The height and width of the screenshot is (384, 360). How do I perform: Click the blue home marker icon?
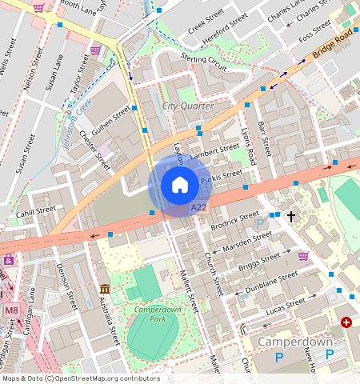[180, 186]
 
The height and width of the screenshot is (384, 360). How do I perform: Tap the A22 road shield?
[199, 208]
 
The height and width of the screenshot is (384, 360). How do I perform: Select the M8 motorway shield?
[11, 310]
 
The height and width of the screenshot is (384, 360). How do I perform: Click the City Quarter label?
[188, 106]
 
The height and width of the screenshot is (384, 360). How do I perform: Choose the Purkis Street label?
[221, 178]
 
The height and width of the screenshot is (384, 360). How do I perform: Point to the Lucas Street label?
[284, 306]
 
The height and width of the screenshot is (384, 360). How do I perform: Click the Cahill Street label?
[35, 212]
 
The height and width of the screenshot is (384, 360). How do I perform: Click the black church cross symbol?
[291, 216]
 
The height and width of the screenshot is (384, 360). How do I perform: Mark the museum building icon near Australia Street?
[105, 288]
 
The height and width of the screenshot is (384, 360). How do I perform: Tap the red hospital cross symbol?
[346, 322]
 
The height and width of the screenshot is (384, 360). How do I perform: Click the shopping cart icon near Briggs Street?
[303, 256]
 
